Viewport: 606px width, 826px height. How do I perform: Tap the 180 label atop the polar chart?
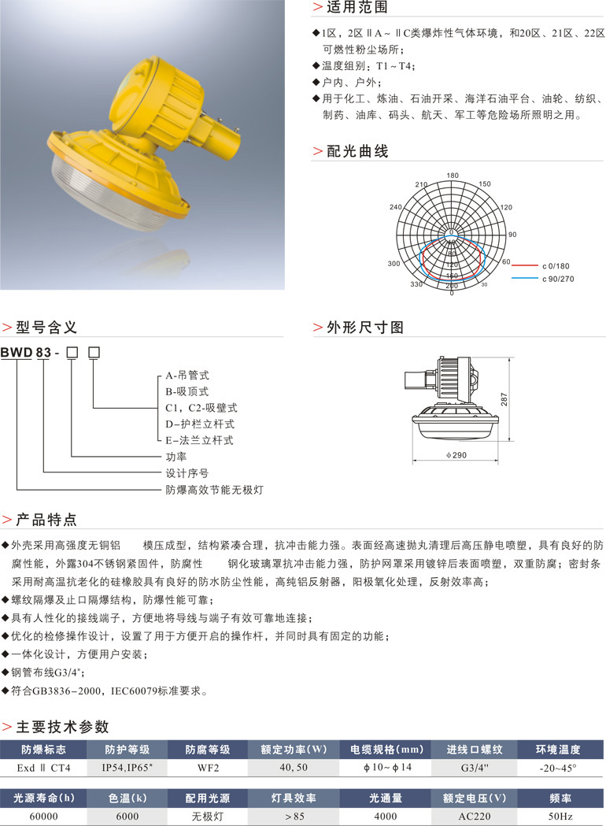tap(453, 176)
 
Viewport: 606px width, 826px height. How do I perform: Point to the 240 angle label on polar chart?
tap(395, 207)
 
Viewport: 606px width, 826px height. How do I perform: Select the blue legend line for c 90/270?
tap(525, 279)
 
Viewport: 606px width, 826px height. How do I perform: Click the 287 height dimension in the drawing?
tap(504, 401)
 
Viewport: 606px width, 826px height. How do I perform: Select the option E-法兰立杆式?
tap(199, 441)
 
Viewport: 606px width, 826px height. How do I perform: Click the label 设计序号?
tap(187, 473)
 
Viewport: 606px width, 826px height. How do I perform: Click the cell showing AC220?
tap(470, 817)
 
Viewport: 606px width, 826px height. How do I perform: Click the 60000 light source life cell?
tap(43, 817)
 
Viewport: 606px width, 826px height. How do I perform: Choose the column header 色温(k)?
tap(125, 799)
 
